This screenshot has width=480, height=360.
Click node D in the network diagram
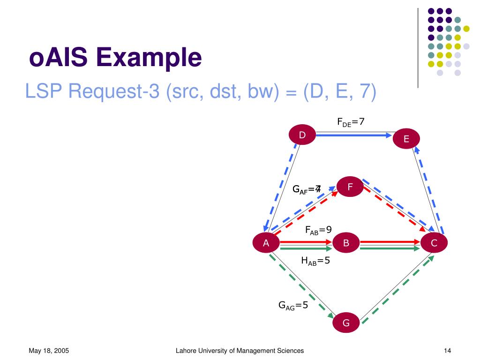coord(302,135)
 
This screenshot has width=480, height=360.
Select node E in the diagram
coord(406,139)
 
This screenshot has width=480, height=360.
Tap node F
coord(350,188)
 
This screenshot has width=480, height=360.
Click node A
coord(266,243)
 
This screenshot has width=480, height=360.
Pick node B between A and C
coord(346,243)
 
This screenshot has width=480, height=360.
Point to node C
coord(434,243)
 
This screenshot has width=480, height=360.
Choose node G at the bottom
coord(346,322)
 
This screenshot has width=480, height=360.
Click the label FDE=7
coord(351,122)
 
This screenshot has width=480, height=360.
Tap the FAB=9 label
coord(318,230)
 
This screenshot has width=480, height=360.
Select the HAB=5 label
coord(315,261)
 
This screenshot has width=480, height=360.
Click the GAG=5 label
coord(293,306)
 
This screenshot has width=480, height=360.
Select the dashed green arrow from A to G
coord(301,285)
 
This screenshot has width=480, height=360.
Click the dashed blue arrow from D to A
coord(281,187)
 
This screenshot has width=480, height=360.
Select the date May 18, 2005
coord(49,351)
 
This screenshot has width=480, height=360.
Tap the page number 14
coord(447,351)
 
